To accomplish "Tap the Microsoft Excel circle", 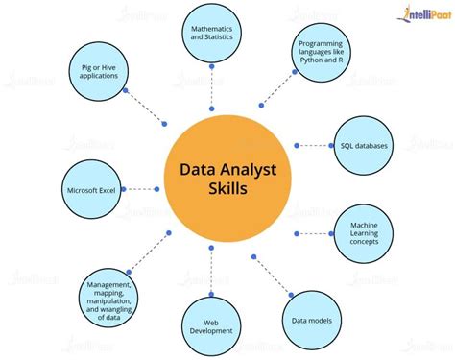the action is click(92, 189).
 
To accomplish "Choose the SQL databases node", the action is click(365, 145).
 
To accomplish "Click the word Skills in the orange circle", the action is click(227, 189).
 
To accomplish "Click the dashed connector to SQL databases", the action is click(313, 145).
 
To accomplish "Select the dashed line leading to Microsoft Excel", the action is click(142, 189).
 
